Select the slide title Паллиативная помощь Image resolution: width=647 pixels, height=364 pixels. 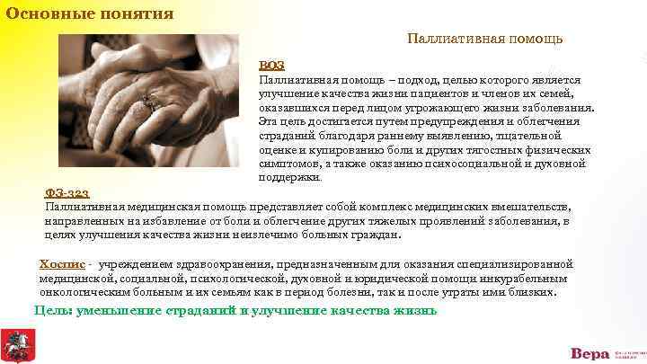[485, 39]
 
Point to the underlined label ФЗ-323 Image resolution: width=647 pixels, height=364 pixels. [67, 192]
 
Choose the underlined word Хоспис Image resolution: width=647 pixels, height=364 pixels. [62, 264]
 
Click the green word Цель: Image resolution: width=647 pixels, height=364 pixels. [53, 311]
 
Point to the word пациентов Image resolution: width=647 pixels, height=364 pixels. [432, 94]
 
